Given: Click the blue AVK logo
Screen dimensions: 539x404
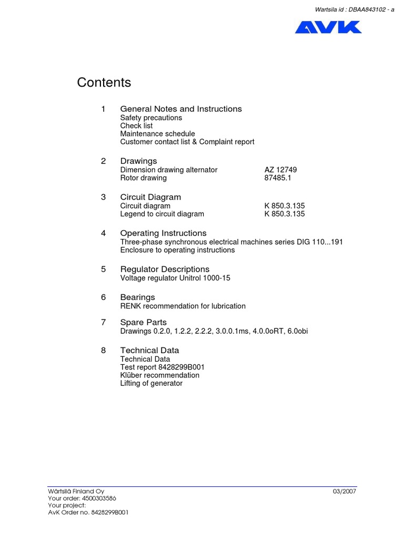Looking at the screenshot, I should tap(328, 27).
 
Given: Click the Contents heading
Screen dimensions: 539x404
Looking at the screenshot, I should tap(104, 83).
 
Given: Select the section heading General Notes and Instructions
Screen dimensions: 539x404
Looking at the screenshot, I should tap(181, 109).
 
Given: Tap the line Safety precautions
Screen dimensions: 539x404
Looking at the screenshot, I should tap(151, 118).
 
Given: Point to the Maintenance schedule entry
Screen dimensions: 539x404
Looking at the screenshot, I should tap(157, 134).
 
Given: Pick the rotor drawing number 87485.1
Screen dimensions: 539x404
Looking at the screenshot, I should tap(277, 178).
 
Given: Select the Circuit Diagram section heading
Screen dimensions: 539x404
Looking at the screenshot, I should tap(150, 197).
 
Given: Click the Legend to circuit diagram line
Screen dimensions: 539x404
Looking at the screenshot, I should tap(162, 214).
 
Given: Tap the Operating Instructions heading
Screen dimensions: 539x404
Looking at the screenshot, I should tap(163, 233).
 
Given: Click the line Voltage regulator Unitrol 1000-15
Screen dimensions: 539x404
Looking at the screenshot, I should tap(175, 278).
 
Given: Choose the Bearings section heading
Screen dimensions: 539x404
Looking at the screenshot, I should tap(137, 297).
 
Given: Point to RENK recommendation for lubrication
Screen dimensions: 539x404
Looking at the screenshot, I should tap(183, 306).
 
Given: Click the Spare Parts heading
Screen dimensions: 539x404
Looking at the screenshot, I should tap(143, 322).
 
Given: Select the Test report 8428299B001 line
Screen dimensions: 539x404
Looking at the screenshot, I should tap(162, 367).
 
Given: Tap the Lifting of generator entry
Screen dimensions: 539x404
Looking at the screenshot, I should tap(151, 383).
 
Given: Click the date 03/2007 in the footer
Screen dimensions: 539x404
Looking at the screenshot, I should tap(345, 491).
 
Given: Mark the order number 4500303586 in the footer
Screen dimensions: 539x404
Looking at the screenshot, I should tap(98, 498).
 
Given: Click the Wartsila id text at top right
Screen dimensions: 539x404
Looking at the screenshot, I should tap(354, 9).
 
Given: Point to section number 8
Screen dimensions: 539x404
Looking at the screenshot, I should tap(104, 350).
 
